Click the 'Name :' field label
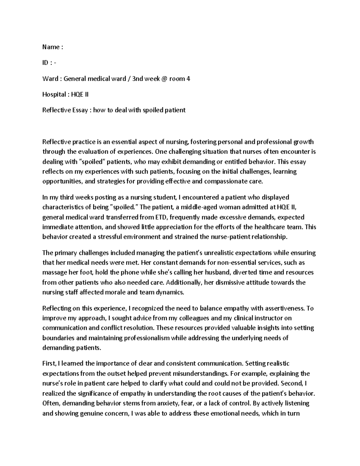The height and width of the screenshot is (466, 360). pyautogui.click(x=52, y=47)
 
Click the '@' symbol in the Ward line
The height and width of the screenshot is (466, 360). pyautogui.click(x=163, y=79)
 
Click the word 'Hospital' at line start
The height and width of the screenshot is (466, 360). pyautogui.click(x=54, y=95)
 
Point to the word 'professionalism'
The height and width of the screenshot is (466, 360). pyautogui.click(x=149, y=338)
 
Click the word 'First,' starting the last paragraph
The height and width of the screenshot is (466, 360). pyautogui.click(x=49, y=364)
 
